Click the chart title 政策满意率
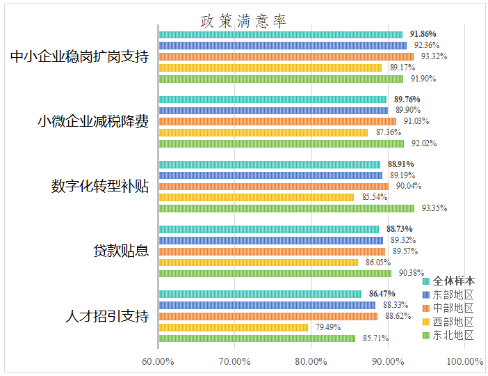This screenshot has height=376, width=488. point(243,21)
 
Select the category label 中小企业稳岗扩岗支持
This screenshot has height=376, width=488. point(80,57)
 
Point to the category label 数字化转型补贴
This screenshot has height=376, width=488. point(100,187)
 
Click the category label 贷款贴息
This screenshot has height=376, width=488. point(122,251)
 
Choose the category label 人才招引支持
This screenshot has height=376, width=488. point(107,316)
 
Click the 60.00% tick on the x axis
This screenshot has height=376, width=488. point(158,361)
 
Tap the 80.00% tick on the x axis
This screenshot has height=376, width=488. point(311,361)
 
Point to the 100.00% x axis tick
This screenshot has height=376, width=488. point(464,361)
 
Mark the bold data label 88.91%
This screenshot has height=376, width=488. point(401,164)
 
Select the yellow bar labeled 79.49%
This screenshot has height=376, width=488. point(233,327)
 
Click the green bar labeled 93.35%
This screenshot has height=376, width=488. point(286,208)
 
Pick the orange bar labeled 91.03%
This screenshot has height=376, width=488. point(277,121)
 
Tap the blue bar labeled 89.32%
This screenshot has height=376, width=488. point(270,240)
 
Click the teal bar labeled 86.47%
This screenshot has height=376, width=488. point(259,294)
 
